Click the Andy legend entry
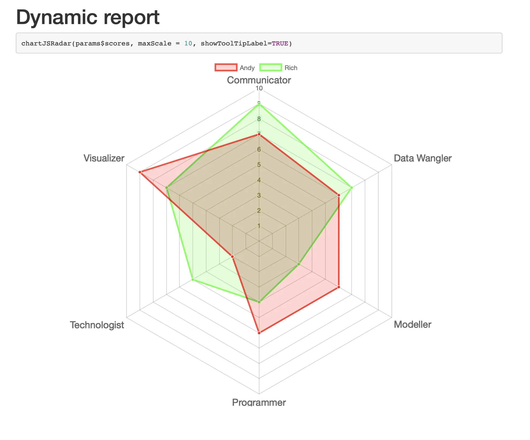(235, 68)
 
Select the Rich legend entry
(279, 68)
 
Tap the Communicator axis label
(259, 80)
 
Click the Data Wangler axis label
(423, 158)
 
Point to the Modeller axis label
(412, 325)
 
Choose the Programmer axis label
(259, 402)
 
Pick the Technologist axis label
(97, 325)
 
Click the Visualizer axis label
(104, 158)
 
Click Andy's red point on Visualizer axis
(140, 172)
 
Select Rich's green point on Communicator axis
(259, 104)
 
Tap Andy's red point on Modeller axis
(339, 287)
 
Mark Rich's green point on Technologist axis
(193, 280)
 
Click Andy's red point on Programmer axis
(259, 333)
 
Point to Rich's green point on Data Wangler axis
(351, 188)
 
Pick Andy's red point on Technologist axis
(232, 257)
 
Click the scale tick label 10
(259, 88)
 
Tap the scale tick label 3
(259, 195)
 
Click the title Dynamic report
(88, 18)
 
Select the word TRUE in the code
(280, 44)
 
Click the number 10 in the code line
(188, 44)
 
